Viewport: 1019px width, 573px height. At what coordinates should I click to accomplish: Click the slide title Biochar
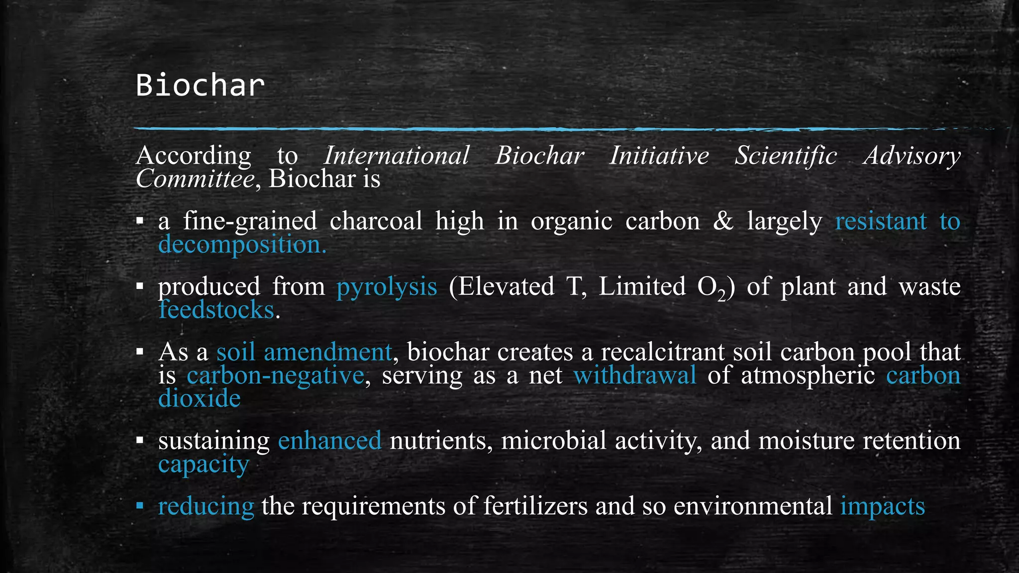[x=200, y=86]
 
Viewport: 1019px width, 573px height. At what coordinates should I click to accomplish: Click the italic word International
[x=397, y=156]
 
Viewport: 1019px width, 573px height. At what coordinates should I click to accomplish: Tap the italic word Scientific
[x=786, y=156]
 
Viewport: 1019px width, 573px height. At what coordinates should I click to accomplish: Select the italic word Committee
[x=195, y=179]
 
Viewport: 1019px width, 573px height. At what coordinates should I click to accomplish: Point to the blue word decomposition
[x=241, y=245]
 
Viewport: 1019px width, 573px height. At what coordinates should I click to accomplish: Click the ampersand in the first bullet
[x=723, y=221]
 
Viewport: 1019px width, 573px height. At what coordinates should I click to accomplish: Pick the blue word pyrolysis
[x=387, y=287]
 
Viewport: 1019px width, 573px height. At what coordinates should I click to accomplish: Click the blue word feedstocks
[x=216, y=310]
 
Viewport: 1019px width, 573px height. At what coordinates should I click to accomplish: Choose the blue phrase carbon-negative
[x=275, y=375]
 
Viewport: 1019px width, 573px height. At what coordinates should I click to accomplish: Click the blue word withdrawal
[x=635, y=375]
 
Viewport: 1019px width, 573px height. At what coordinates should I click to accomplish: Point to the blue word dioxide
[x=200, y=398]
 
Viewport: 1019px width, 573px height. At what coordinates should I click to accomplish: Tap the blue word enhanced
[x=330, y=441]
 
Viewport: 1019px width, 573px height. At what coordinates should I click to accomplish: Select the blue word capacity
[x=204, y=465]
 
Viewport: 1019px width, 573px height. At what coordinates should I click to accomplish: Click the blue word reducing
[x=206, y=507]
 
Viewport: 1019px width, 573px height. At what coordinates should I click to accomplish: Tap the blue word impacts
[x=883, y=507]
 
